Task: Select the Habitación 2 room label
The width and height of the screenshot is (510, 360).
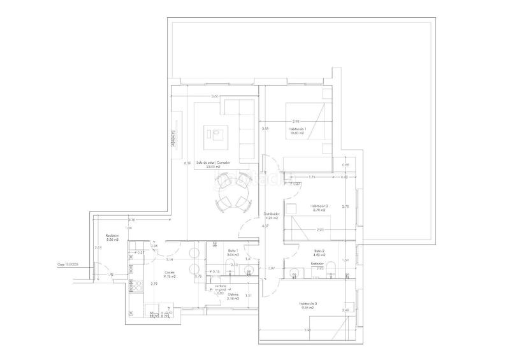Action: click(x=319, y=207)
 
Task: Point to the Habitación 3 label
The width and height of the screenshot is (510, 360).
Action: click(x=307, y=305)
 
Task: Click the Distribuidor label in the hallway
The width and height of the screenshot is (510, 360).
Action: click(x=273, y=215)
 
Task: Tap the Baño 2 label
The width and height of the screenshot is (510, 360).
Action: click(x=317, y=252)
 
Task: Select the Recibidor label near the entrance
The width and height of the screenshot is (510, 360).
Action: click(x=112, y=236)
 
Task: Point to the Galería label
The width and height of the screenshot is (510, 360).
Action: click(x=224, y=294)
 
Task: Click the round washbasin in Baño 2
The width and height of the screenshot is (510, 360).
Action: click(x=293, y=275)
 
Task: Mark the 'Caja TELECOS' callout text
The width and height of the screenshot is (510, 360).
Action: click(x=67, y=263)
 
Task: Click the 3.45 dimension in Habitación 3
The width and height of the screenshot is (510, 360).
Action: click(x=307, y=330)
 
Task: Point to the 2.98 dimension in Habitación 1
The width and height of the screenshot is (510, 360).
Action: click(x=296, y=121)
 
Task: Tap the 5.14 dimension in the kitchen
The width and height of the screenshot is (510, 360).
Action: click(x=170, y=260)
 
